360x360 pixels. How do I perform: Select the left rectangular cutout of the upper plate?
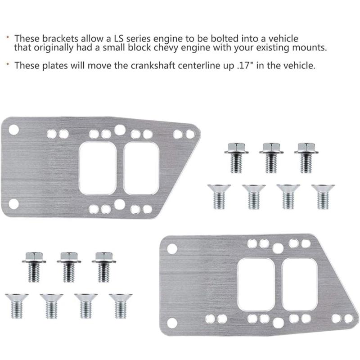point(98,168)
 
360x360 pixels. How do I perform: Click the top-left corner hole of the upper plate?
point(13,130)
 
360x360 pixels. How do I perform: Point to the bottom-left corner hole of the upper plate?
point(13,204)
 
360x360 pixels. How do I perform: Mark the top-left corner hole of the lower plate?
point(172,248)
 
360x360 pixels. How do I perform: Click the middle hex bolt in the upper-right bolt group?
point(271,157)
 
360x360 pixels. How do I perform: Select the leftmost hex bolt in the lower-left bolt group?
point(33,266)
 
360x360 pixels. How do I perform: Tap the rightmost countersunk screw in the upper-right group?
point(323,196)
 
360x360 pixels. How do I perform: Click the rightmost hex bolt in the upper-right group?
point(306,157)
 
